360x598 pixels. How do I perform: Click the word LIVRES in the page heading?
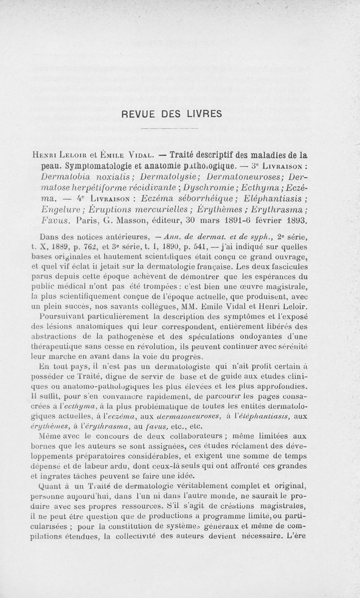point(201,113)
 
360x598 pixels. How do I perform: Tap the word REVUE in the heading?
point(141,113)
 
